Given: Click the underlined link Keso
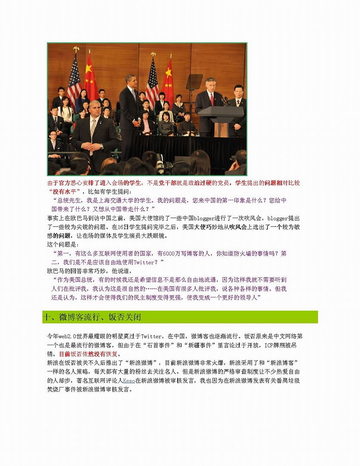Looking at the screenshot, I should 128,381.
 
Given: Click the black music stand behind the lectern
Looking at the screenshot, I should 194,82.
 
